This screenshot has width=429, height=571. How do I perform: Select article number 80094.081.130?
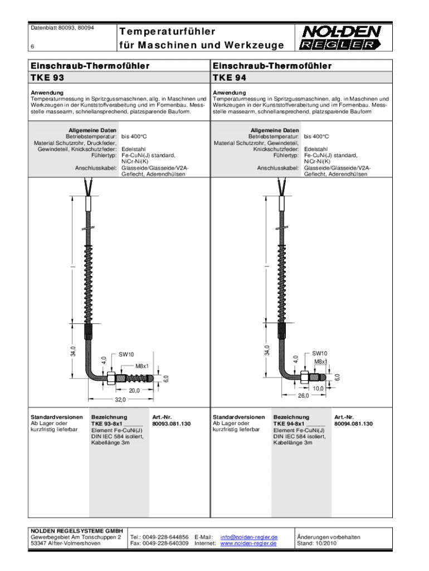[353, 424]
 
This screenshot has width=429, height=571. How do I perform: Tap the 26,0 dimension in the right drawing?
[304, 395]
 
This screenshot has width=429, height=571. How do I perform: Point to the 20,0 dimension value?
[134, 390]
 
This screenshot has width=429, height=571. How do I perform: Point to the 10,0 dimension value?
[318, 388]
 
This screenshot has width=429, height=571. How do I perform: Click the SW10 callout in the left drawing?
[126, 354]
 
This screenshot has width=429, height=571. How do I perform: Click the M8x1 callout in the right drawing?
[320, 361]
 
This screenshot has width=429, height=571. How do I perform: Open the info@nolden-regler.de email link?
[249, 537]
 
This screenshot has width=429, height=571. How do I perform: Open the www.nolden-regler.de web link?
[249, 543]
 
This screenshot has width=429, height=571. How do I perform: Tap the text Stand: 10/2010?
[316, 543]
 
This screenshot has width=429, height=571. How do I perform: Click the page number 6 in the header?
[32, 47]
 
